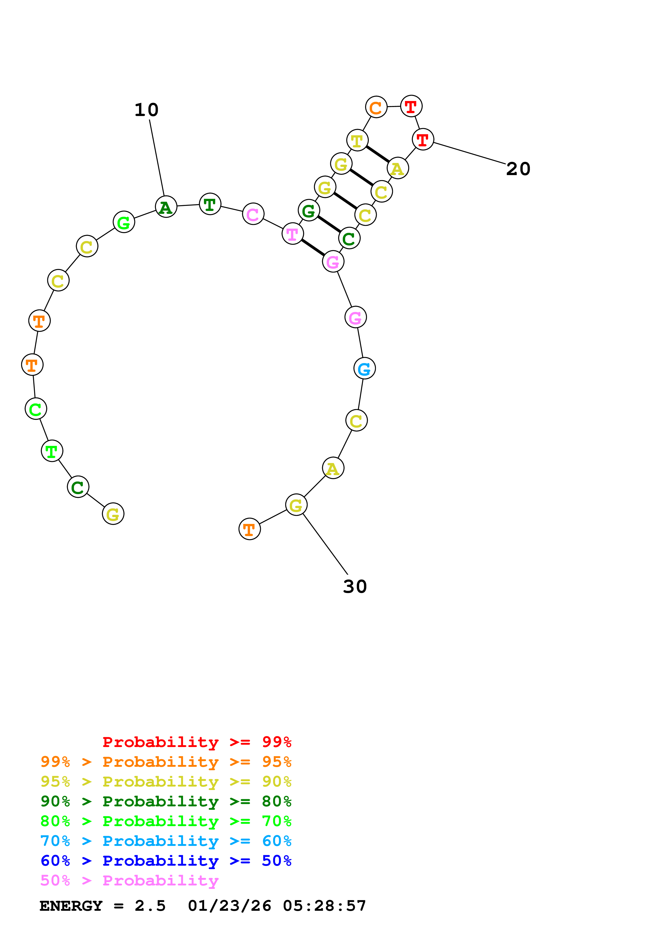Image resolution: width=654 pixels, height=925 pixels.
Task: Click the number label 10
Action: [x=146, y=110]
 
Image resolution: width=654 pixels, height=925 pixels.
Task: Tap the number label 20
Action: [x=518, y=169]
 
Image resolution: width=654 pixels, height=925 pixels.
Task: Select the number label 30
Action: [x=355, y=587]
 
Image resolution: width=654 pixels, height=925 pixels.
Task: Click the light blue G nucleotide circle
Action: [x=364, y=368]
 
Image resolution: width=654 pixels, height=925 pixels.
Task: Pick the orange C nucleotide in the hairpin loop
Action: [x=376, y=107]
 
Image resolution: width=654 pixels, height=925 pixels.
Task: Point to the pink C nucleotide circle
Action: [x=253, y=214]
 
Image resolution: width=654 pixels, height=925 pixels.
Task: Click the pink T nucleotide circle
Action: [x=293, y=234]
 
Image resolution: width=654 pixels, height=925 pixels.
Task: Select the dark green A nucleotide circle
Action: [x=166, y=207]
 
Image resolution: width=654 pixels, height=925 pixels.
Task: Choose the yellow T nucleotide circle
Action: [x=357, y=140]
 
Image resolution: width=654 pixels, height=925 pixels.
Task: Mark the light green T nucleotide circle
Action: [x=52, y=451]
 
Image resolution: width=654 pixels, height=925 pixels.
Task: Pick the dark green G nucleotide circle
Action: [x=309, y=210]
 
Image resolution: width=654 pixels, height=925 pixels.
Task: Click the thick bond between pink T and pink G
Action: [x=313, y=247]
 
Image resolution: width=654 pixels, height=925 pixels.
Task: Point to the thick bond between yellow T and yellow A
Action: [x=378, y=154]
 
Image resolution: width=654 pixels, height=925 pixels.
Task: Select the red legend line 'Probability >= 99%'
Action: [x=197, y=742]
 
